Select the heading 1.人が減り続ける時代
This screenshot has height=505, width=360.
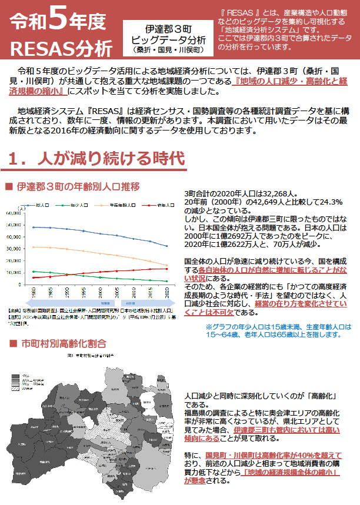tap(98, 159)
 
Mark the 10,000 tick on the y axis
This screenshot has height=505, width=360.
tap(13, 272)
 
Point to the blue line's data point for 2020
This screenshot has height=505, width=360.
tap(167, 246)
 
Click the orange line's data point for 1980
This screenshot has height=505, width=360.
tap(34, 247)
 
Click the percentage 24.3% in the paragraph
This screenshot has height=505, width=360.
tap(329, 202)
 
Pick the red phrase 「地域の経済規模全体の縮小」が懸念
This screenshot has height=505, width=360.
tap(282, 476)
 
